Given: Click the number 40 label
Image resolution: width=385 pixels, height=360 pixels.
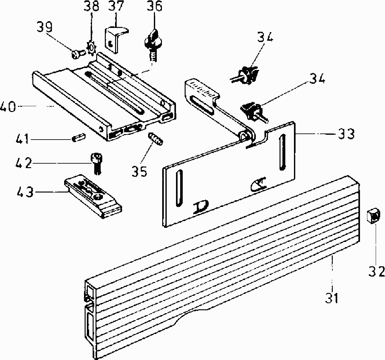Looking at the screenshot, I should (x=8, y=106).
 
